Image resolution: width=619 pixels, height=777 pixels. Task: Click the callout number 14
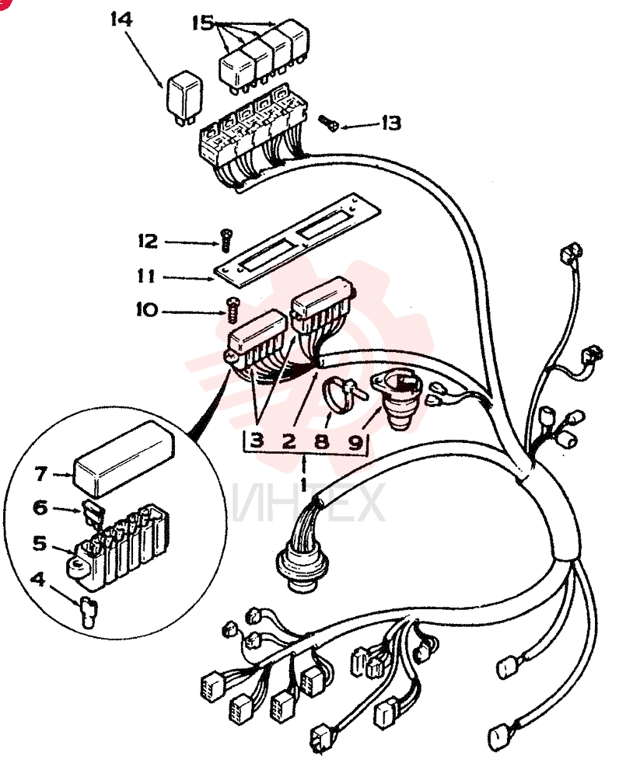pos(121,20)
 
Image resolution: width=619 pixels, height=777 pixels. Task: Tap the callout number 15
pos(202,23)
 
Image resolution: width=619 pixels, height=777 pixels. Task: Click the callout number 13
pos(391,123)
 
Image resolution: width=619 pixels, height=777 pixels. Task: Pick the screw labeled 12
pos(226,240)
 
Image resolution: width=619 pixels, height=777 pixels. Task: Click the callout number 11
pos(146,275)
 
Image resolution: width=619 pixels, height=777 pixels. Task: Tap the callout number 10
pos(147,310)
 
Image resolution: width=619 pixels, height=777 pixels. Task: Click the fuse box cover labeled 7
pos(124,459)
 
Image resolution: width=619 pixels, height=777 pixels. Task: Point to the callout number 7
pos(40,474)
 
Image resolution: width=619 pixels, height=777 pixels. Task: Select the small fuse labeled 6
pos(93,511)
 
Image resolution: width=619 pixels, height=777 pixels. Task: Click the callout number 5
pos(40,544)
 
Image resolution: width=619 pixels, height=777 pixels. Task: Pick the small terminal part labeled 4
pos(88,613)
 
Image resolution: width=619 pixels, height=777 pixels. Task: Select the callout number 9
pos(355,441)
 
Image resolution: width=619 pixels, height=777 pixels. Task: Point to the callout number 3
pos(257,440)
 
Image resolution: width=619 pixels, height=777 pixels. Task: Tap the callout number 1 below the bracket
pos(303,481)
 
